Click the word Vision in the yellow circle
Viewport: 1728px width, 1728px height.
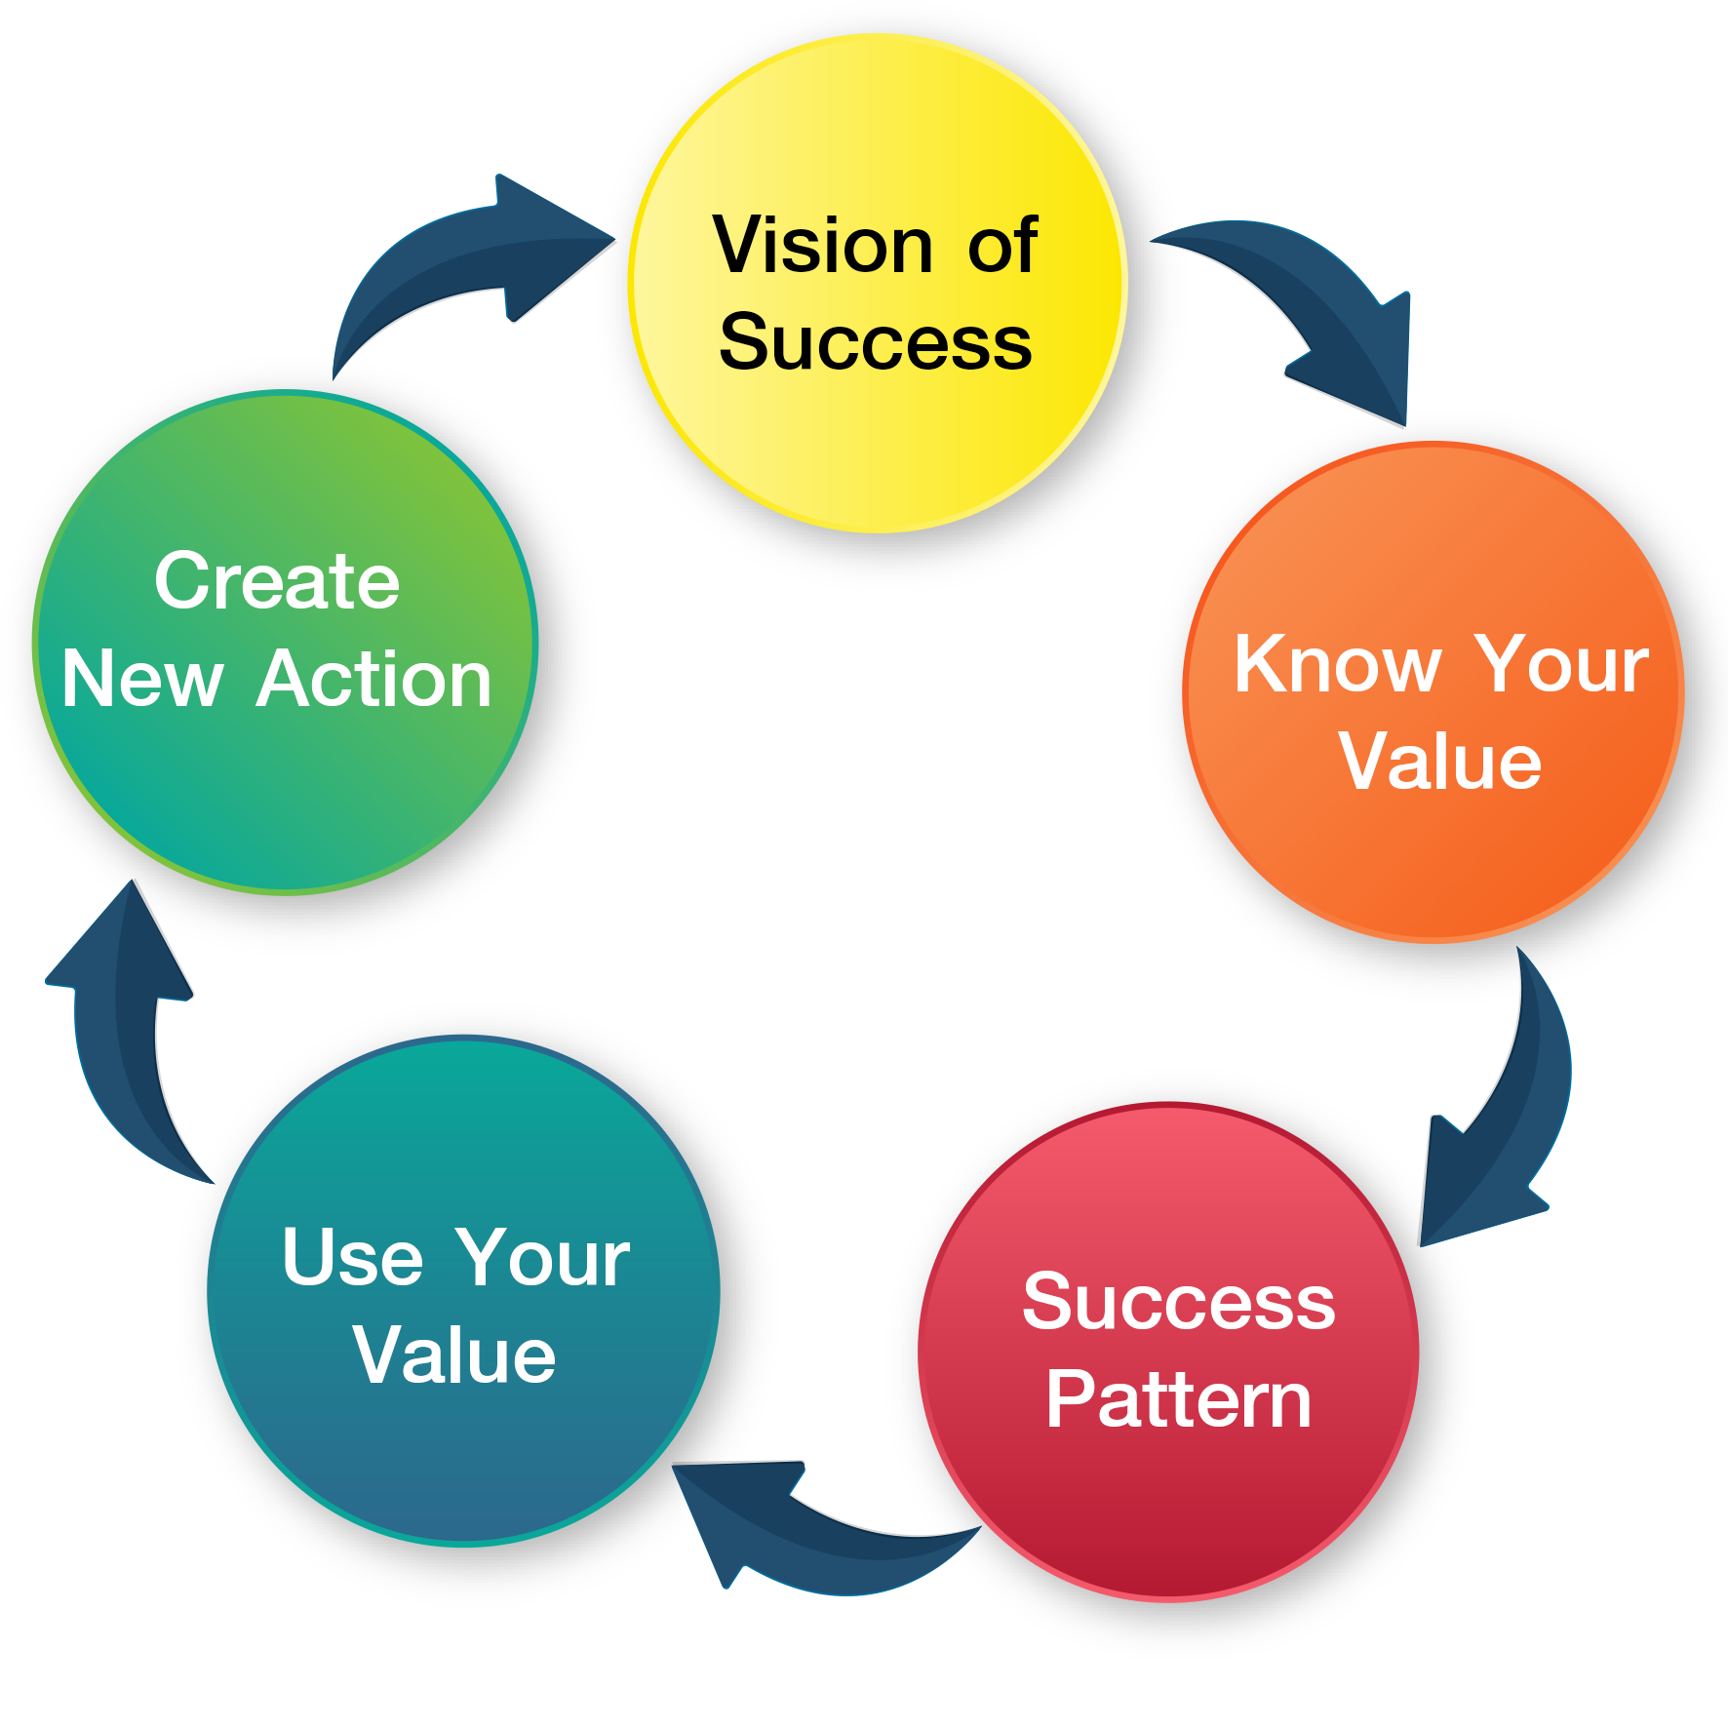click(822, 245)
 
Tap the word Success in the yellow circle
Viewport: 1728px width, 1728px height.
click(875, 342)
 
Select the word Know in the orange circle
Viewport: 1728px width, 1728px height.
click(1337, 664)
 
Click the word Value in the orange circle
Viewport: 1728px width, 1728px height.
click(1439, 762)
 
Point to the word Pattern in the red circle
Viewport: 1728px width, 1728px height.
click(1178, 1399)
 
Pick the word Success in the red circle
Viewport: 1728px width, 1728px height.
click(1178, 1302)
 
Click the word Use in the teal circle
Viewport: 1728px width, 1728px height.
click(352, 1257)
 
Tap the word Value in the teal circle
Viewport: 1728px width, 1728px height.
click(453, 1355)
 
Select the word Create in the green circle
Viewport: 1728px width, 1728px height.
click(277, 581)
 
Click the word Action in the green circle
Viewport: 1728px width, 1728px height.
click(374, 679)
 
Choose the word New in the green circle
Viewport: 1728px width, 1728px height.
click(142, 679)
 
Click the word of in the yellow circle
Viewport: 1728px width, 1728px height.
click(1001, 245)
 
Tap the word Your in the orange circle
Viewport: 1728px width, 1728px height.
click(1560, 664)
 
